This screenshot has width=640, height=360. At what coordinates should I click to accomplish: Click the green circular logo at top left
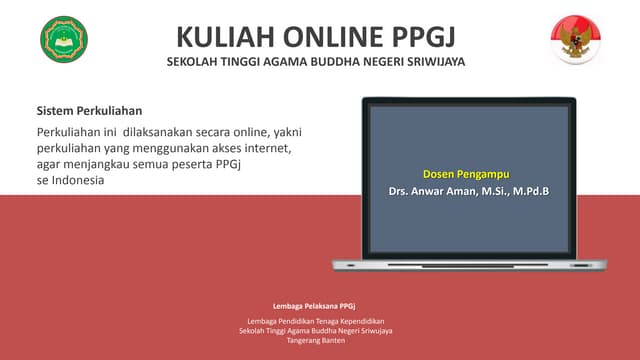pos(64,39)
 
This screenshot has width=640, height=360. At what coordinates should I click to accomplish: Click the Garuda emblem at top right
pos(575,40)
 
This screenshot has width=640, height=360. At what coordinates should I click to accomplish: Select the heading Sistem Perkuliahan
pos(89,110)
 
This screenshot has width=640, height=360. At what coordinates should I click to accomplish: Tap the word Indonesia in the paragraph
pos(76,181)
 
